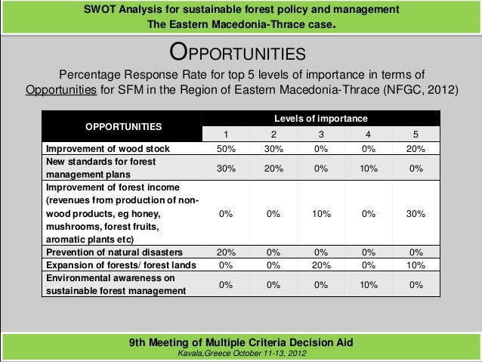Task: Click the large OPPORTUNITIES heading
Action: [237, 54]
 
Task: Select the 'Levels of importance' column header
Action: [320, 119]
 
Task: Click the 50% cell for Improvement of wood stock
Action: [225, 148]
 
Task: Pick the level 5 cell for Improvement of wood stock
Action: [415, 148]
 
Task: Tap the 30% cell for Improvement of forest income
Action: [415, 214]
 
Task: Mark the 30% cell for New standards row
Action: [225, 169]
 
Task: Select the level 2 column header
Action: [273, 134]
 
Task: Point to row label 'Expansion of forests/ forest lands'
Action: [121, 265]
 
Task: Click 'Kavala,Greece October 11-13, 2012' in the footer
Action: [241, 354]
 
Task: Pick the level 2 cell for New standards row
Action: [273, 169]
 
